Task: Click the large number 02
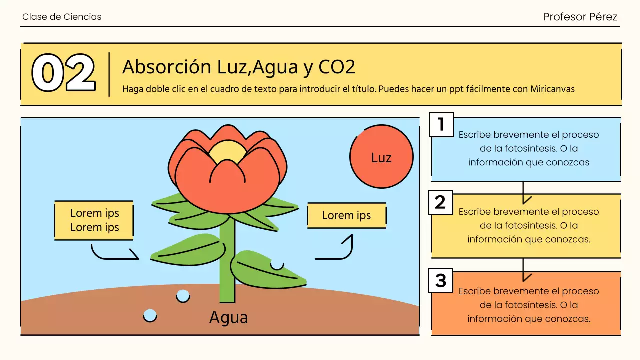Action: coord(63,73)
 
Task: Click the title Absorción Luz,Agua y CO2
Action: coord(239,66)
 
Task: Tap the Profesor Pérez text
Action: coord(580,17)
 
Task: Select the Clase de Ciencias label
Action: coord(62,17)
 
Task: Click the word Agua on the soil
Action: coord(228,317)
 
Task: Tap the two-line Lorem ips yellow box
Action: coord(94,220)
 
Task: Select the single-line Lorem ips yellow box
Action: coord(346,215)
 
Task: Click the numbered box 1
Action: coord(441,124)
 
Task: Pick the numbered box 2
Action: coord(441,202)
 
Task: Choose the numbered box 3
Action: coord(441,281)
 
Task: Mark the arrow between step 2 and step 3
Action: coord(523,270)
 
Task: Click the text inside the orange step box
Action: coord(529,305)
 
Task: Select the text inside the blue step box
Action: coord(529,148)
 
